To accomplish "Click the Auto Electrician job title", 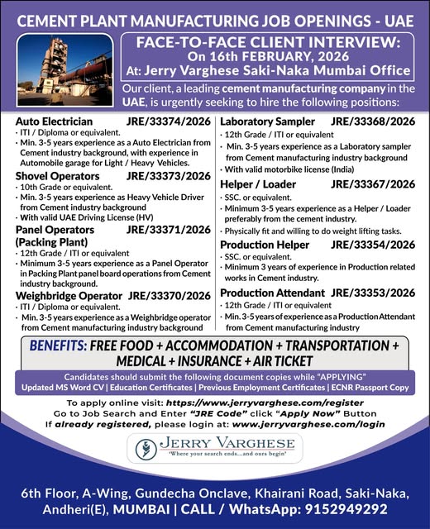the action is pos(55,121).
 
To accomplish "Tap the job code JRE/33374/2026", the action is pos(170,121).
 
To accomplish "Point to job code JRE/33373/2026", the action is pos(170,175).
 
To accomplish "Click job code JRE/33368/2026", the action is pos(373,121).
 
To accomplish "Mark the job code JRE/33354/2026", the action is pos(373,244).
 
